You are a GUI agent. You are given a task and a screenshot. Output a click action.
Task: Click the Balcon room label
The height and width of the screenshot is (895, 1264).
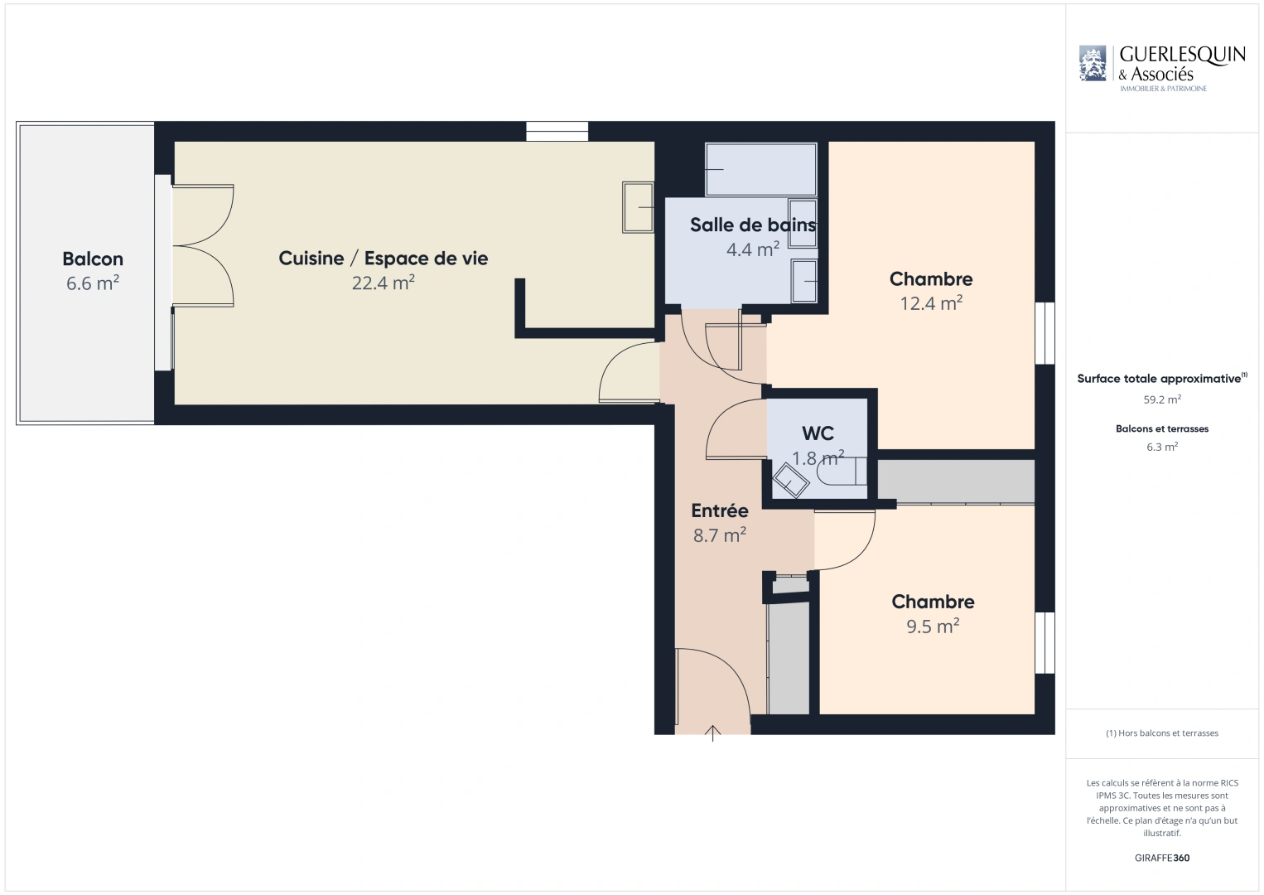pyautogui.click(x=93, y=259)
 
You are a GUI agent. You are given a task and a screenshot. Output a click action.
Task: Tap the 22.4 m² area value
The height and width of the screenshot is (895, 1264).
pyautogui.click(x=384, y=283)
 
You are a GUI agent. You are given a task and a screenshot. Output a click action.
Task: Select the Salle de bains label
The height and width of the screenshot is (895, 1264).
pyautogui.click(x=753, y=225)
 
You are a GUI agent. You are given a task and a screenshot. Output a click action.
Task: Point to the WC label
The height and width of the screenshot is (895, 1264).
pyautogui.click(x=818, y=433)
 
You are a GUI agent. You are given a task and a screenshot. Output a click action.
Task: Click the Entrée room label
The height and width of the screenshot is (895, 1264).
pyautogui.click(x=720, y=510)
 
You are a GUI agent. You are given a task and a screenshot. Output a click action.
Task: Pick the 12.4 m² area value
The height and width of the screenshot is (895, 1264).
pyautogui.click(x=931, y=303)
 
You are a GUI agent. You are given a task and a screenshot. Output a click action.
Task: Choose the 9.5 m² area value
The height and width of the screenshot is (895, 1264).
pyautogui.click(x=933, y=626)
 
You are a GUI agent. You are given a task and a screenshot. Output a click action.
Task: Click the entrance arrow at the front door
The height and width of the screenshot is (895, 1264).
pyautogui.click(x=712, y=733)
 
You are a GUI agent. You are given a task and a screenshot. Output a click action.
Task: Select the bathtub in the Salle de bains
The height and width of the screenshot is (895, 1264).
pyautogui.click(x=760, y=169)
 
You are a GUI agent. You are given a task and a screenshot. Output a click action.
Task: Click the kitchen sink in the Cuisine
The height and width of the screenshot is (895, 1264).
pyautogui.click(x=638, y=207)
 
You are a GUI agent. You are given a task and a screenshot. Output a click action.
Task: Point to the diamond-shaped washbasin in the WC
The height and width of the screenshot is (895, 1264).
pyautogui.click(x=790, y=481)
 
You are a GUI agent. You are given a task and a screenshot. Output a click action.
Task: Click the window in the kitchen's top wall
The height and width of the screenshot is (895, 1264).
pyautogui.click(x=557, y=131)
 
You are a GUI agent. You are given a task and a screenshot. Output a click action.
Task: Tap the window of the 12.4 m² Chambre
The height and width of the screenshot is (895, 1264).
pyautogui.click(x=1045, y=333)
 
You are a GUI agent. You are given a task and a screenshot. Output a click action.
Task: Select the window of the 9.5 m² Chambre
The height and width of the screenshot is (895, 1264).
pyautogui.click(x=1045, y=642)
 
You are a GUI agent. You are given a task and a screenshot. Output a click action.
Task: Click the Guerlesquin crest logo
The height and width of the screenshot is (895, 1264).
pyautogui.click(x=1093, y=63)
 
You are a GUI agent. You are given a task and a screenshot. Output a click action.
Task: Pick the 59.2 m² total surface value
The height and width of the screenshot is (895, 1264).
pyautogui.click(x=1162, y=399)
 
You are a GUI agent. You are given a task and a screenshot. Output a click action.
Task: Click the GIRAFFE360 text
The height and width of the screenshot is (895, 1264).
pyautogui.click(x=1162, y=858)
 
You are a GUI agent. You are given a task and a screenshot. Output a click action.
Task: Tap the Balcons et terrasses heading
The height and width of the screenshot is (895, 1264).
pyautogui.click(x=1162, y=428)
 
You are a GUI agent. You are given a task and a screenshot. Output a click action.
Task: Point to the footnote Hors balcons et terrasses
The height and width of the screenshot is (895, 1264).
pyautogui.click(x=1162, y=733)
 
